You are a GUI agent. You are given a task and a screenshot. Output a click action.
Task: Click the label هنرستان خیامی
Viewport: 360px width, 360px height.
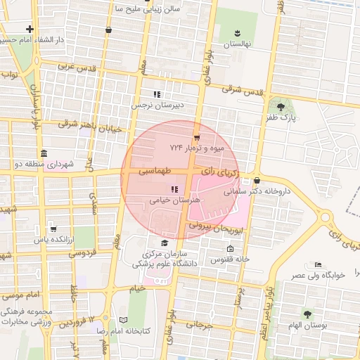pyautogui.click(x=176, y=200)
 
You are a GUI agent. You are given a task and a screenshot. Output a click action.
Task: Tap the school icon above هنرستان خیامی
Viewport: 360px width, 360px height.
pyautogui.click(x=174, y=189)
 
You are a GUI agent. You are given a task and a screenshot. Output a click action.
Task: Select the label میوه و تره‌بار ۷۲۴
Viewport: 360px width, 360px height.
pyautogui.click(x=197, y=148)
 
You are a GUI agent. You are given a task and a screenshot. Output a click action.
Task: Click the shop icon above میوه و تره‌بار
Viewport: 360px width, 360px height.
pyautogui.click(x=197, y=138)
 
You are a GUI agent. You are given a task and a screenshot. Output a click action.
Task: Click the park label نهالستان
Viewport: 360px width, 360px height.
pyautogui.click(x=237, y=44)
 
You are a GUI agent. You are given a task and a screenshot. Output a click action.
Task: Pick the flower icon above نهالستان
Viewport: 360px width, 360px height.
pyautogui.click(x=237, y=32)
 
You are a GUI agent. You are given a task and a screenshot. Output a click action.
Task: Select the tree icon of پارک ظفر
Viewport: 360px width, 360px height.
pyautogui.click(x=281, y=107)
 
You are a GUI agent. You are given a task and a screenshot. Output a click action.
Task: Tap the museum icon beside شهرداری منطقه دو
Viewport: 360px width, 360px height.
pyautogui.click(x=44, y=154)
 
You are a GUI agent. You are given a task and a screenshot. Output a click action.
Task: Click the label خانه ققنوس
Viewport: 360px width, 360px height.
pyautogui.click(x=230, y=259)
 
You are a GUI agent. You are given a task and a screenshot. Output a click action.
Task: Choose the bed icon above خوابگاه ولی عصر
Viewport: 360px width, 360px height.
pyautogui.click(x=319, y=265)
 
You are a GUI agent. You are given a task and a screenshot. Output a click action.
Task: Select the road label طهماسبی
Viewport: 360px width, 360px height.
pyautogui.click(x=154, y=171)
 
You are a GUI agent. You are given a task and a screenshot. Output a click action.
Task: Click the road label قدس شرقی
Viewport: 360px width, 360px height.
pyautogui.click(x=242, y=90)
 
